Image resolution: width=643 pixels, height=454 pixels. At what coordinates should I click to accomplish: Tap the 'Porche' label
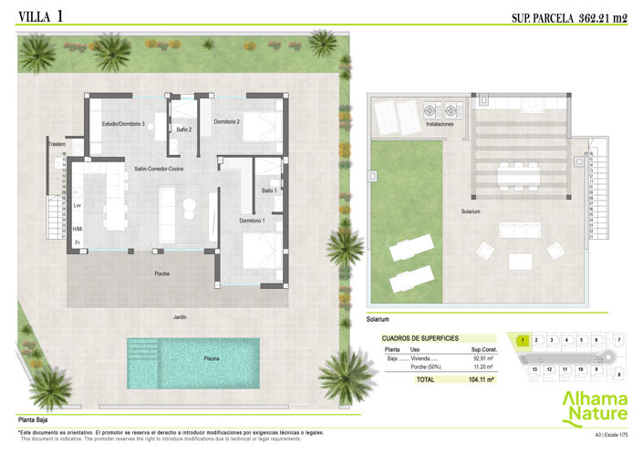[x=161, y=273]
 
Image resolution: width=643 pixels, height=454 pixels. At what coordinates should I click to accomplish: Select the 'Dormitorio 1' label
[x=253, y=221]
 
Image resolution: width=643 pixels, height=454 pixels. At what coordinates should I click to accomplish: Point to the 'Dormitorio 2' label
[x=226, y=121]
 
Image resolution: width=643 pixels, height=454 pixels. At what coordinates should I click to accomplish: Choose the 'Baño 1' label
[x=269, y=191]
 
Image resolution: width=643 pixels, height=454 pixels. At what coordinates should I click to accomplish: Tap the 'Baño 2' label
[x=183, y=130]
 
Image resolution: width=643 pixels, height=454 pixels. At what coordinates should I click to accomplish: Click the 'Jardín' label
[x=181, y=316]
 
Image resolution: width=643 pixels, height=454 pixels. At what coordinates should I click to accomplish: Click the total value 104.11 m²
[x=480, y=379]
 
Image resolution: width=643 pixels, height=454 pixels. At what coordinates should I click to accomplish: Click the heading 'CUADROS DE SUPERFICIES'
[x=420, y=338]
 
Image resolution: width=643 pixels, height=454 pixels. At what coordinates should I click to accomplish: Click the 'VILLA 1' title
[x=39, y=15]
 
